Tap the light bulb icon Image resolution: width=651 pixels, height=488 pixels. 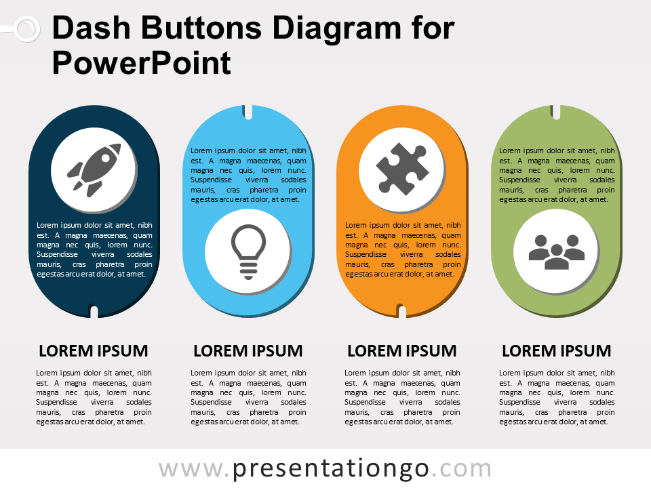[x=248, y=252]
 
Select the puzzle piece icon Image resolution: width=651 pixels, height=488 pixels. [x=402, y=168]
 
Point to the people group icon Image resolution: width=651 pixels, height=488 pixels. [x=556, y=252]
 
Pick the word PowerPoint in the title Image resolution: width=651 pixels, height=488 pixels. [x=141, y=63]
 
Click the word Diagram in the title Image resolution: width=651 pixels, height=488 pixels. [x=337, y=28]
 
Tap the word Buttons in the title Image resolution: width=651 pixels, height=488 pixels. [x=201, y=28]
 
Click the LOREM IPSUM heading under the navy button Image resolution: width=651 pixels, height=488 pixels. [x=94, y=351]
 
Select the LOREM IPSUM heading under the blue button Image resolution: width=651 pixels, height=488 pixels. [x=248, y=351]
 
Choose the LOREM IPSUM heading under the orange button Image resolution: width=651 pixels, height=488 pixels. [x=402, y=351]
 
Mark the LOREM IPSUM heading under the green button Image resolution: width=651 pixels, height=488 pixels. [x=556, y=351]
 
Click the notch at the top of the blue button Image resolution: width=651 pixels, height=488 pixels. [x=248, y=112]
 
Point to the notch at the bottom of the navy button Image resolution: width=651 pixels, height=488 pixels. [x=94, y=312]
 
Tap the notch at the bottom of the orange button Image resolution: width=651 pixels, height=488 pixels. [x=402, y=311]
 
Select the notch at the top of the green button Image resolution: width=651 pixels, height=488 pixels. [x=556, y=112]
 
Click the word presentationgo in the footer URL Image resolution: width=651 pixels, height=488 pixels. [x=330, y=470]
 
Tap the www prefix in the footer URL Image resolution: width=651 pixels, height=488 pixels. [x=191, y=470]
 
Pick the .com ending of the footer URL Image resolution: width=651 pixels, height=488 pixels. [x=462, y=470]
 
